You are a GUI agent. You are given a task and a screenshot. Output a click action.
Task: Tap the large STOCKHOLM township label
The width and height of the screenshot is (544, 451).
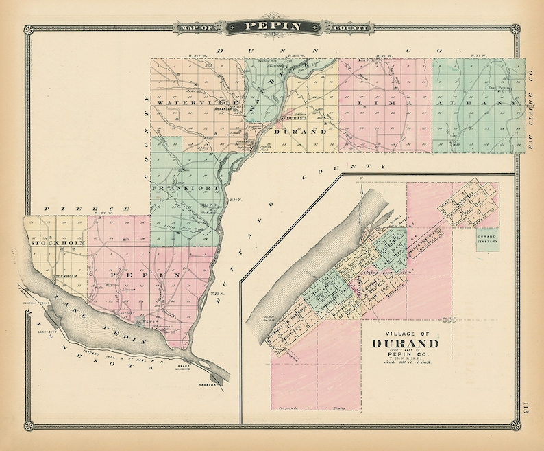pyautogui.click(x=55, y=242)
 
